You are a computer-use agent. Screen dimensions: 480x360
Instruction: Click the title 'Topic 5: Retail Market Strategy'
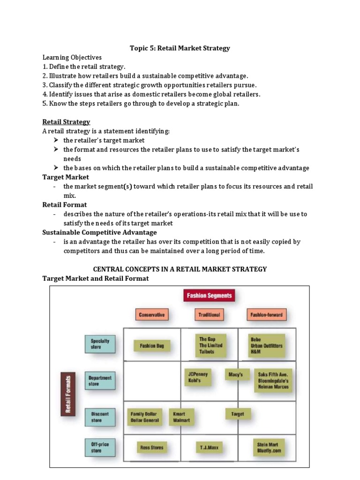(x=180, y=48)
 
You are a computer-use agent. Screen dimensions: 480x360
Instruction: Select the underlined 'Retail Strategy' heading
(x=66, y=122)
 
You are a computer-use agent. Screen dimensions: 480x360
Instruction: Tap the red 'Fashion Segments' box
(x=209, y=296)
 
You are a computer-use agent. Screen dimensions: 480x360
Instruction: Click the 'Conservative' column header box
(x=152, y=315)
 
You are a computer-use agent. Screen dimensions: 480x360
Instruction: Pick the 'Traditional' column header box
(x=209, y=315)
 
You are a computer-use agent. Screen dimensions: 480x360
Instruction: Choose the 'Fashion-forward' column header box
(x=266, y=315)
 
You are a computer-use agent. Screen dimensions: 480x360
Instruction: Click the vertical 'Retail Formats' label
(x=67, y=394)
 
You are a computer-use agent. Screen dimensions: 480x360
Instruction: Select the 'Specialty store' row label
(x=100, y=344)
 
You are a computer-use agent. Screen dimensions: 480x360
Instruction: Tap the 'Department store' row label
(x=100, y=381)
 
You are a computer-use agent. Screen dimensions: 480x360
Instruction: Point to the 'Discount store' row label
(x=100, y=417)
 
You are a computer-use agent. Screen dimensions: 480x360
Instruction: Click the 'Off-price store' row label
(x=100, y=447)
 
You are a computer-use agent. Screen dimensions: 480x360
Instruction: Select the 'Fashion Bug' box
(x=152, y=346)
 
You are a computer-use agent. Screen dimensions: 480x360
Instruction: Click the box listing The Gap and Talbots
(x=210, y=345)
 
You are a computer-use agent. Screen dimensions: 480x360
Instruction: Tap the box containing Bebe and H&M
(x=266, y=345)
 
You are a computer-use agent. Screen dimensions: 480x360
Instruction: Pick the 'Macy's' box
(x=235, y=375)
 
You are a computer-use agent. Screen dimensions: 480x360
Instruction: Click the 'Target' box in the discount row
(x=238, y=414)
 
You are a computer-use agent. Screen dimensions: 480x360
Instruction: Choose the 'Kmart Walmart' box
(x=181, y=417)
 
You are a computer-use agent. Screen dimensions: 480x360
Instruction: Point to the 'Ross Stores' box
(x=152, y=448)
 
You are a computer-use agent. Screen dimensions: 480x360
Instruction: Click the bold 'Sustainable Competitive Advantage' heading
(x=99, y=232)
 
